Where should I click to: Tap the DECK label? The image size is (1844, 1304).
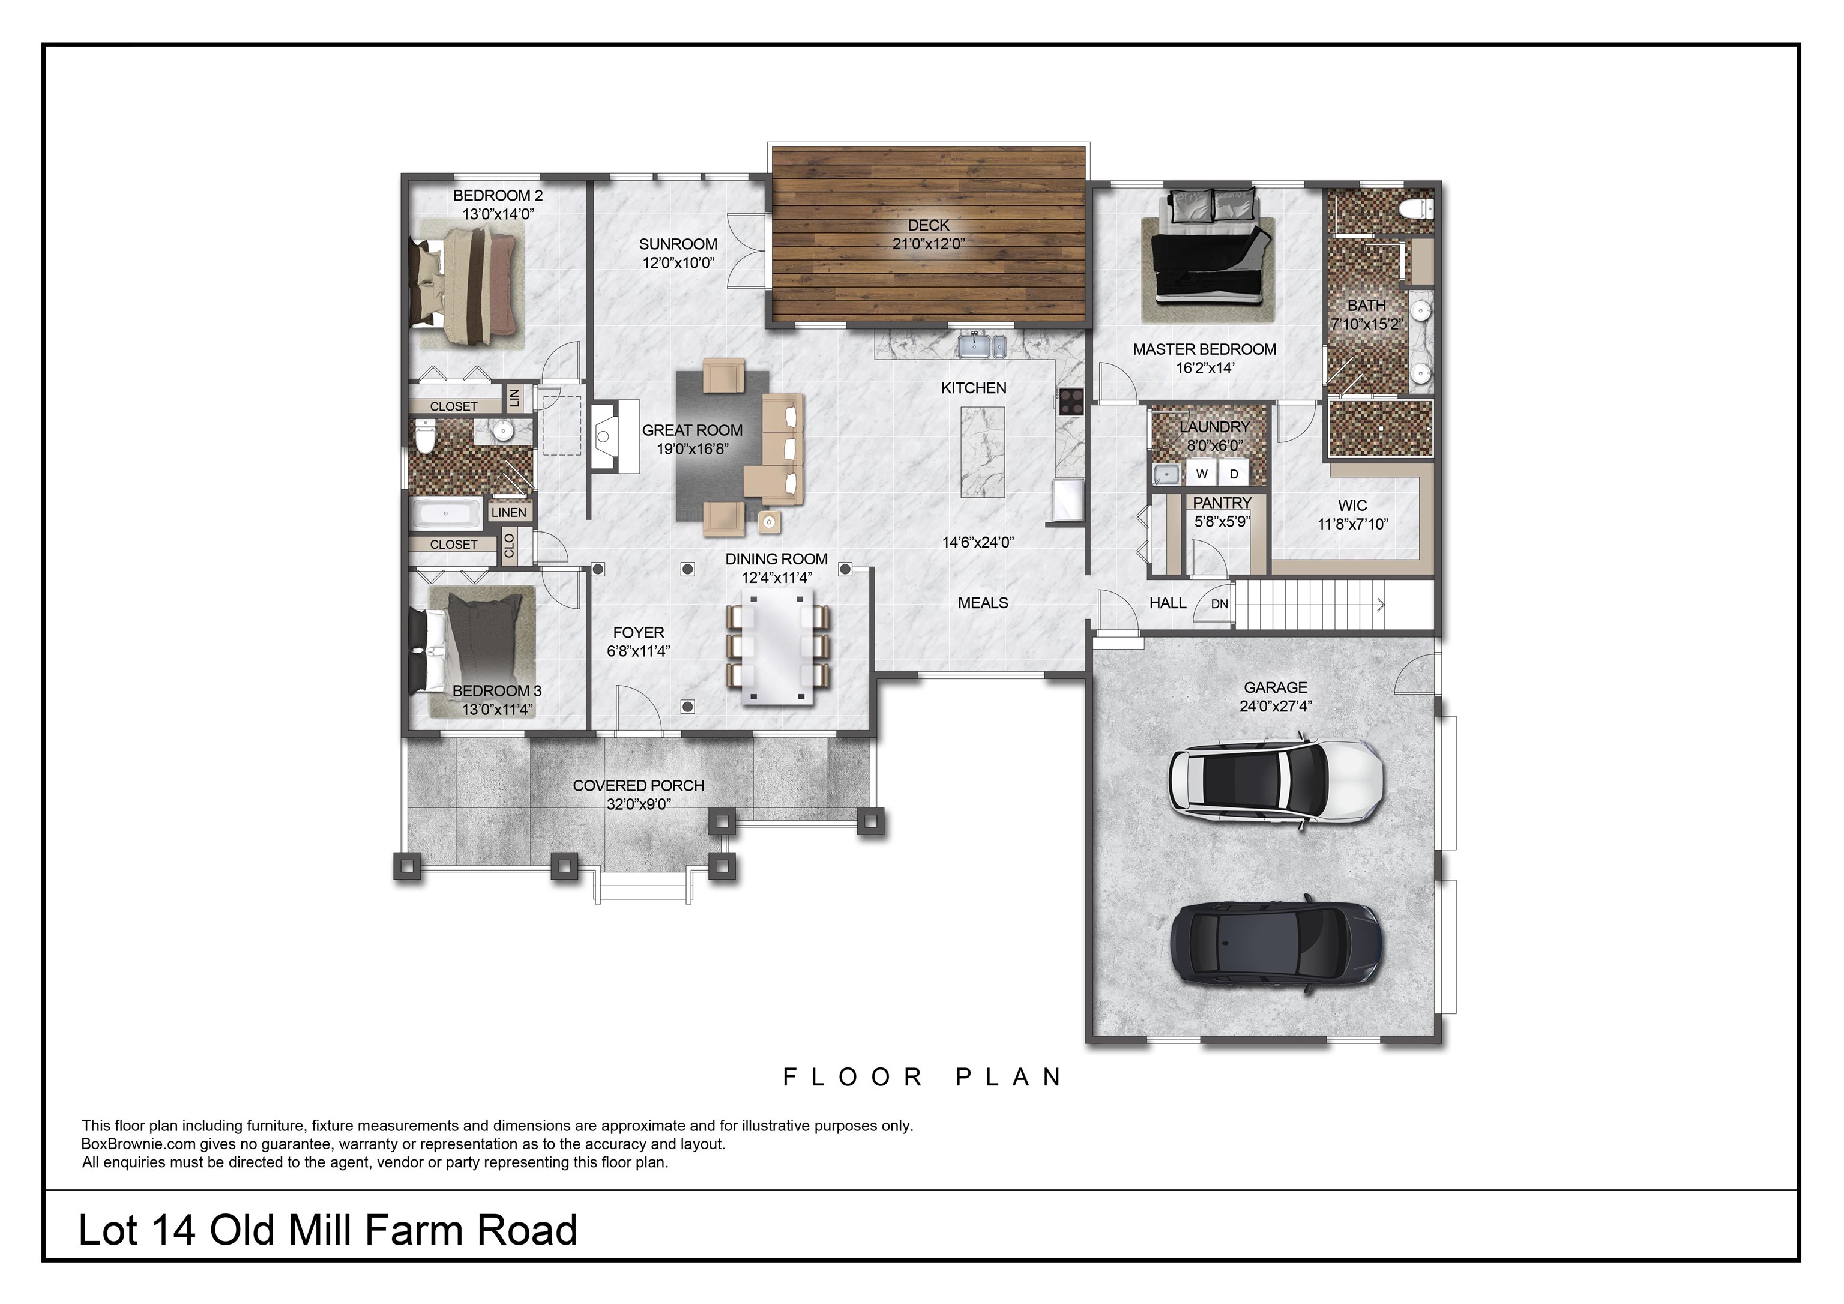coord(929,226)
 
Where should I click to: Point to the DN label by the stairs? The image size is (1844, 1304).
coord(1219,604)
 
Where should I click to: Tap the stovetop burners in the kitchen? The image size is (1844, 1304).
coord(1071,399)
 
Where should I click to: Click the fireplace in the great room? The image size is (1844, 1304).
coord(604,438)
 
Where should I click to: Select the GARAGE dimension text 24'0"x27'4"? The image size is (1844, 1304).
coord(1276,706)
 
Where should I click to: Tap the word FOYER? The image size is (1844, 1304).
coord(639,632)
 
